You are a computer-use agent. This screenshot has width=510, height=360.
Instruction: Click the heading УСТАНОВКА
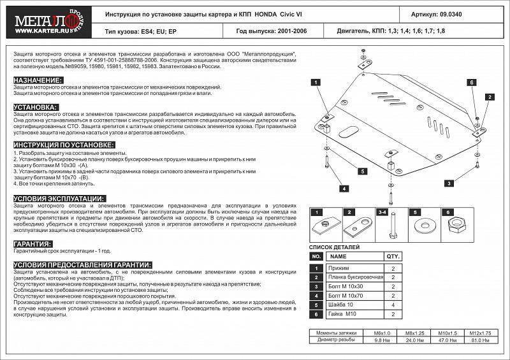coord(36,107)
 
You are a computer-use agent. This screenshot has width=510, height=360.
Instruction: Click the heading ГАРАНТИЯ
coord(33,244)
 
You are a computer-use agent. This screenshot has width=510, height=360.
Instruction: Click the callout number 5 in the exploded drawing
coord(361,171)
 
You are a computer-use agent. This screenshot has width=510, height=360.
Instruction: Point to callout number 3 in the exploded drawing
coord(449,184)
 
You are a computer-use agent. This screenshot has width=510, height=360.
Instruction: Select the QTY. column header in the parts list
coord(393,256)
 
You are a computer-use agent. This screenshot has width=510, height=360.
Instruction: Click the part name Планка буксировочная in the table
coord(355,278)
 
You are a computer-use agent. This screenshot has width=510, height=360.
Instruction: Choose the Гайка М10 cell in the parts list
coord(344,314)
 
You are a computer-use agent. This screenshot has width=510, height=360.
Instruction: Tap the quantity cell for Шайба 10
coord(393,305)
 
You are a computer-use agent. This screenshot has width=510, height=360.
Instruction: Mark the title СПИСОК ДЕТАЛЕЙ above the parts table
coord(335,247)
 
